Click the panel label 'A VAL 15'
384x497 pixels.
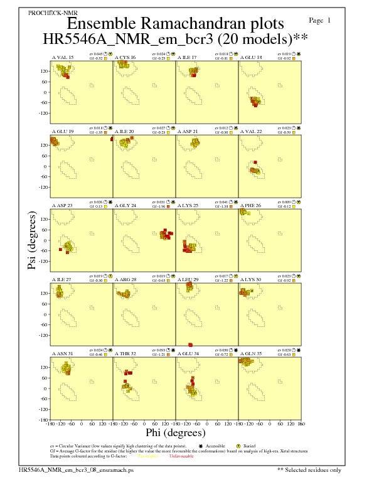pyautogui.click(x=62, y=57)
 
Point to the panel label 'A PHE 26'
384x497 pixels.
pyautogui.click(x=252, y=206)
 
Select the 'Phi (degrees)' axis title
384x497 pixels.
pyautogui.click(x=175, y=433)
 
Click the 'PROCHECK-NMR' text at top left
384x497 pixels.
pyautogui.click(x=48, y=13)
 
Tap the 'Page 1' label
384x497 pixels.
pyautogui.click(x=321, y=21)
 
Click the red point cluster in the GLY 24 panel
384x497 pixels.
pyautogui.click(x=164, y=235)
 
